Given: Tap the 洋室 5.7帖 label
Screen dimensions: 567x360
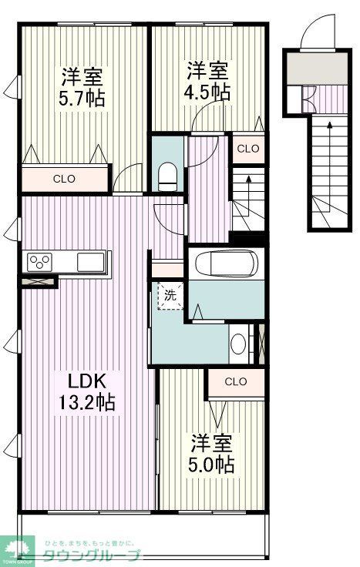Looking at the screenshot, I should (83, 88).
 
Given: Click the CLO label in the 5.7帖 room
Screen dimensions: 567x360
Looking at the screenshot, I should (64, 179).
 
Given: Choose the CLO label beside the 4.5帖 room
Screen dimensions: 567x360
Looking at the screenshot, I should (247, 148).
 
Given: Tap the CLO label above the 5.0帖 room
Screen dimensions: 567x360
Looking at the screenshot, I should (236, 381).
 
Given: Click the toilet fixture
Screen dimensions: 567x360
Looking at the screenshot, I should (167, 176).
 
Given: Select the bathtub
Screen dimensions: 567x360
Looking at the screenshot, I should (227, 264).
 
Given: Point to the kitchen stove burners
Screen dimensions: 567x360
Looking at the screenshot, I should (39, 262).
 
